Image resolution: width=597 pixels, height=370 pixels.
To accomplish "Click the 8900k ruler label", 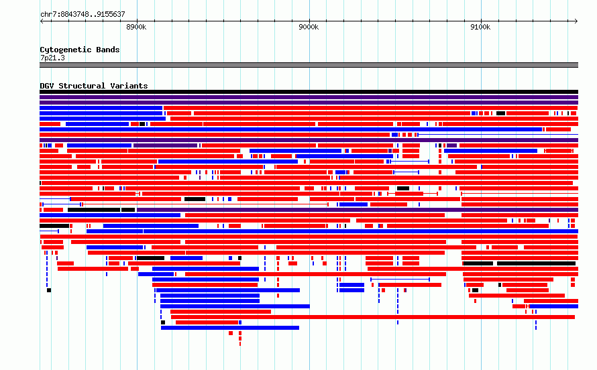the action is [136, 27].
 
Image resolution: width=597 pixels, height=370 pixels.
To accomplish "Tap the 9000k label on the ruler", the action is [309, 27].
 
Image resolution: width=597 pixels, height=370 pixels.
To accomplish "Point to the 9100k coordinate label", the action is [480, 27].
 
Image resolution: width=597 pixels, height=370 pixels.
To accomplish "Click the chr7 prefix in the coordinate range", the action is [47, 15].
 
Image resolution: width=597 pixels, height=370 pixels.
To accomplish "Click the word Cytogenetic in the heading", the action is [66, 50].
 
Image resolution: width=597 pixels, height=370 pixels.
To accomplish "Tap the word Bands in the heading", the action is [108, 50].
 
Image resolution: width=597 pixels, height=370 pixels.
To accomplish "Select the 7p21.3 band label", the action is [52, 58].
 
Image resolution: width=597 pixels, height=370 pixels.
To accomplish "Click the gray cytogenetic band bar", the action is [309, 65].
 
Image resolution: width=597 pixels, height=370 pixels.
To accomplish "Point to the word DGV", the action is [47, 86].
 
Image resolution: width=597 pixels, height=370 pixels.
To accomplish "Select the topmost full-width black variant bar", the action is [309, 92].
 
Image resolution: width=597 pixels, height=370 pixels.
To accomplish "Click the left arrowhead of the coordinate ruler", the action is [41, 21].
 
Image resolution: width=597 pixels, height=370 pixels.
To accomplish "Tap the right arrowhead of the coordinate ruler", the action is [576, 21].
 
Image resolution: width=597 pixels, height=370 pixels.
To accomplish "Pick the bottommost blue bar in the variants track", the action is [230, 328].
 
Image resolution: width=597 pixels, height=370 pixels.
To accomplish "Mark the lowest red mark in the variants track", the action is [240, 344].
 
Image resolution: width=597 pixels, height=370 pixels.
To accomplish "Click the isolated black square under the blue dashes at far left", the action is [49, 290].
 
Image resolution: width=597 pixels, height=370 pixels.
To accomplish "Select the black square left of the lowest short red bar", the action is [163, 322].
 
